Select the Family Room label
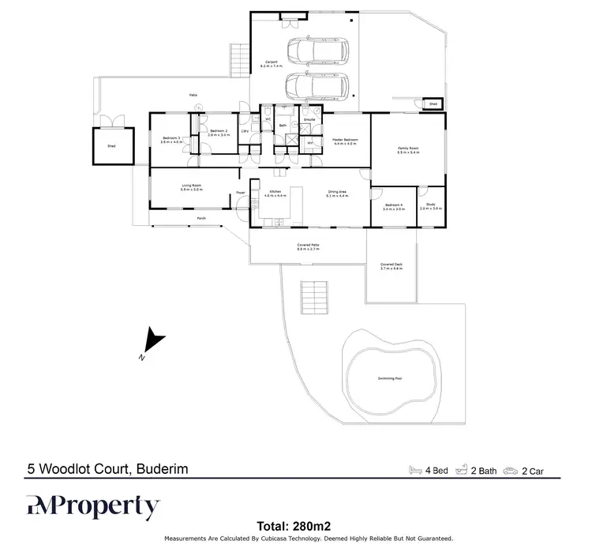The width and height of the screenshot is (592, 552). pyautogui.click(x=407, y=149)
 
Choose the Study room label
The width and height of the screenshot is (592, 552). pyautogui.click(x=431, y=205)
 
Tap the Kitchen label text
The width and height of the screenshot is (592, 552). pyautogui.click(x=275, y=192)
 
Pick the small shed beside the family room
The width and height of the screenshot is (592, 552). pyautogui.click(x=433, y=103)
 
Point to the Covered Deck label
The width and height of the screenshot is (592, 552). pyautogui.click(x=391, y=266)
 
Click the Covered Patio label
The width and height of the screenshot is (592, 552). pyautogui.click(x=308, y=246)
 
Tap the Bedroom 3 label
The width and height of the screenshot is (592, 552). pyautogui.click(x=170, y=139)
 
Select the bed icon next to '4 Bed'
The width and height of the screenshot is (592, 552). pyautogui.click(x=416, y=471)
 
